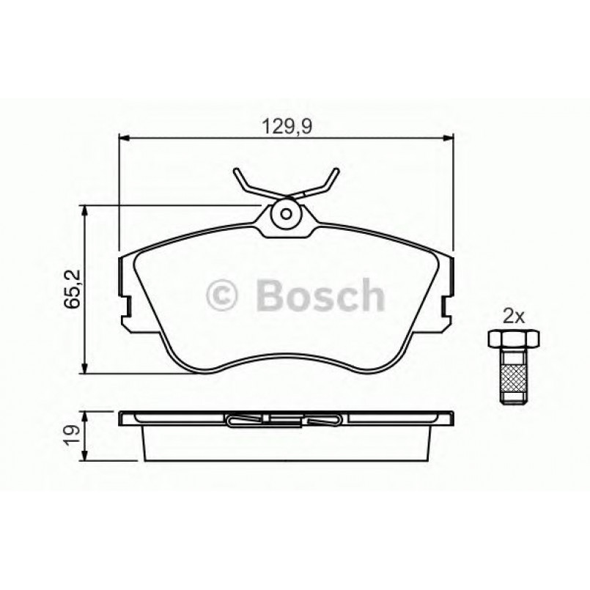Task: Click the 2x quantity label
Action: pyautogui.click(x=512, y=317)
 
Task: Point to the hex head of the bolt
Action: pyautogui.click(x=512, y=339)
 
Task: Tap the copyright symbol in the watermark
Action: pyautogui.click(x=224, y=296)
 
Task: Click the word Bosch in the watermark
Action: pyautogui.click(x=320, y=295)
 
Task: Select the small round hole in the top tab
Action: pyautogui.click(x=287, y=215)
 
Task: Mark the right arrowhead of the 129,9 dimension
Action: pyautogui.click(x=449, y=137)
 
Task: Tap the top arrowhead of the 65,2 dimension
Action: pyautogui.click(x=86, y=211)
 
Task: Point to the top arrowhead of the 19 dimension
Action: pyautogui.click(x=86, y=416)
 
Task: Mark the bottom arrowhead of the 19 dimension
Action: pyautogui.click(x=86, y=458)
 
